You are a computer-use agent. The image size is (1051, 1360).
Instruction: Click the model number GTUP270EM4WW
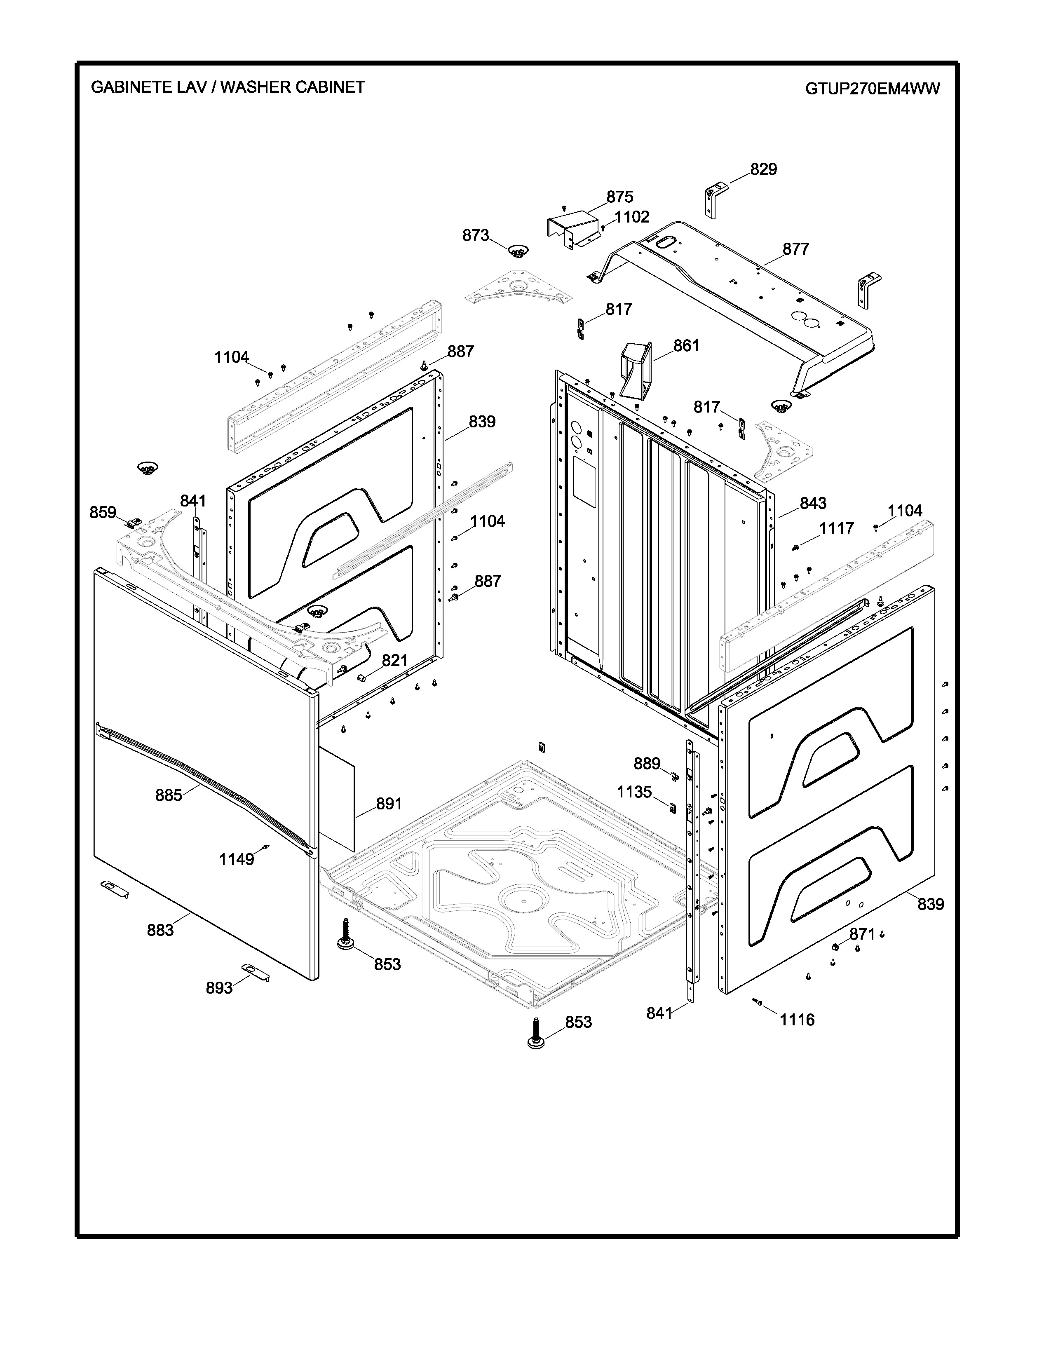(x=872, y=89)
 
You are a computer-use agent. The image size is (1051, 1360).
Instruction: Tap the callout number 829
(x=763, y=169)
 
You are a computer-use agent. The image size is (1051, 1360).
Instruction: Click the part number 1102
(x=632, y=217)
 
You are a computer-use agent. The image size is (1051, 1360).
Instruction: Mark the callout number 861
(x=686, y=346)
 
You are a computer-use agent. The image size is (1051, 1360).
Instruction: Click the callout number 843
(x=812, y=503)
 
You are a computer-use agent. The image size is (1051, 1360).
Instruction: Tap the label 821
(x=394, y=661)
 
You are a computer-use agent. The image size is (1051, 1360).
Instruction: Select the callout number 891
(x=389, y=804)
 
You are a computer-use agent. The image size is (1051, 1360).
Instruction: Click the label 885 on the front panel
(x=169, y=795)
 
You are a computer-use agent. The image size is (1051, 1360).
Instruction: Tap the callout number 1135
(x=634, y=792)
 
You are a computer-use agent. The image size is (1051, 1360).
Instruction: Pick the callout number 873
(x=475, y=235)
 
